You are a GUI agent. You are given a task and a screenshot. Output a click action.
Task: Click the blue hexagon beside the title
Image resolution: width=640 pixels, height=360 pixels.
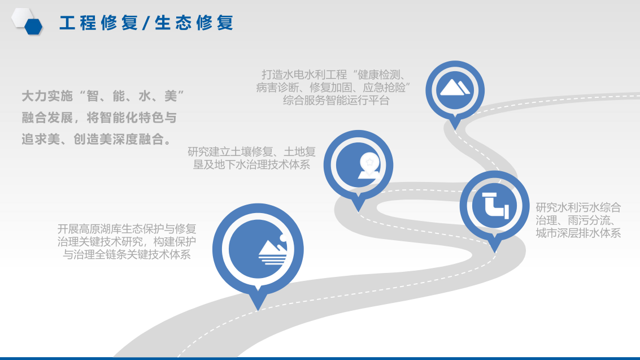coord(33,27)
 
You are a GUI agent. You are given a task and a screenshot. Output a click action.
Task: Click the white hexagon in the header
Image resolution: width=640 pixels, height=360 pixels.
coord(21,17)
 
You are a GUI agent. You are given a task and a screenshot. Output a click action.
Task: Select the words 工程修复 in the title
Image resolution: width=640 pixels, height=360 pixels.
coord(98,23)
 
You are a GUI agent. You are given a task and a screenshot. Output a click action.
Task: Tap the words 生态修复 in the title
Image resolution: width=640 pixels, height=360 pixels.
coord(194,23)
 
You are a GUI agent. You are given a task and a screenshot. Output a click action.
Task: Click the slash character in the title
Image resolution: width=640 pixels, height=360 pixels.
coord(146,23)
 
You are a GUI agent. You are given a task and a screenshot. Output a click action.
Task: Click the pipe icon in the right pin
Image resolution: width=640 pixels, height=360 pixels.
coord(495,205)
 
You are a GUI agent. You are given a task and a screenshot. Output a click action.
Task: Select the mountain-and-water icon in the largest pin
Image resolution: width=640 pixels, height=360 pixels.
coord(272,249)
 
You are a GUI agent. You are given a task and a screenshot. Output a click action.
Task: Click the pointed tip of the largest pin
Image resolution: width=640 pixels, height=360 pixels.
coord(258,310)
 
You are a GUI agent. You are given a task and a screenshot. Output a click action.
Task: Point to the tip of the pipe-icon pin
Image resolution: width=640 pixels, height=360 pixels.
coord(495,252)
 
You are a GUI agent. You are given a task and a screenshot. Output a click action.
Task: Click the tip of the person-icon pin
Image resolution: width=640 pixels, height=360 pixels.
coord(358,211)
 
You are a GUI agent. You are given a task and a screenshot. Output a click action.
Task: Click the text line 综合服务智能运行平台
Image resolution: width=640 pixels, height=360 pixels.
coord(336,101)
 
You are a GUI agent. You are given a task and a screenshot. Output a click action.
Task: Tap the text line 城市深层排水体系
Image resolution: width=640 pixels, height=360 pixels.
coord(578,233)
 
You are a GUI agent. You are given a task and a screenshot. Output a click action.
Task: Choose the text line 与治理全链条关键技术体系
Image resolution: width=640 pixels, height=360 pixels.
coord(127,255)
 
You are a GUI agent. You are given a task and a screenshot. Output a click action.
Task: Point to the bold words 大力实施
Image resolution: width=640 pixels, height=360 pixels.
coord(47,96)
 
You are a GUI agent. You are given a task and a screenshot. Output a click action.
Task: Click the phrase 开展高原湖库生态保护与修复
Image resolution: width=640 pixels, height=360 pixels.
coord(127,228)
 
